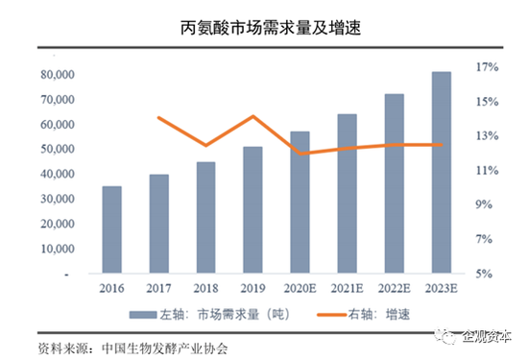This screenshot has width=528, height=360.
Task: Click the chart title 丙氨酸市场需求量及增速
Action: pos(263,30)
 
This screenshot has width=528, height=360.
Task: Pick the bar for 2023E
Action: pos(441,173)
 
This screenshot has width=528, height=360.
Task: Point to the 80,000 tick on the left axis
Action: pos(57,75)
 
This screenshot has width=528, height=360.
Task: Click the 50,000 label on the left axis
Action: pos(57,150)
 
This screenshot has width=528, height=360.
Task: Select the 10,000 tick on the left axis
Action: pos(57,249)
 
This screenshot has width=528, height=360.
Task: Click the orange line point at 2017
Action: pos(158,118)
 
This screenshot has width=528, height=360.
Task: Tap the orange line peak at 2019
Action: pos(252,117)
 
